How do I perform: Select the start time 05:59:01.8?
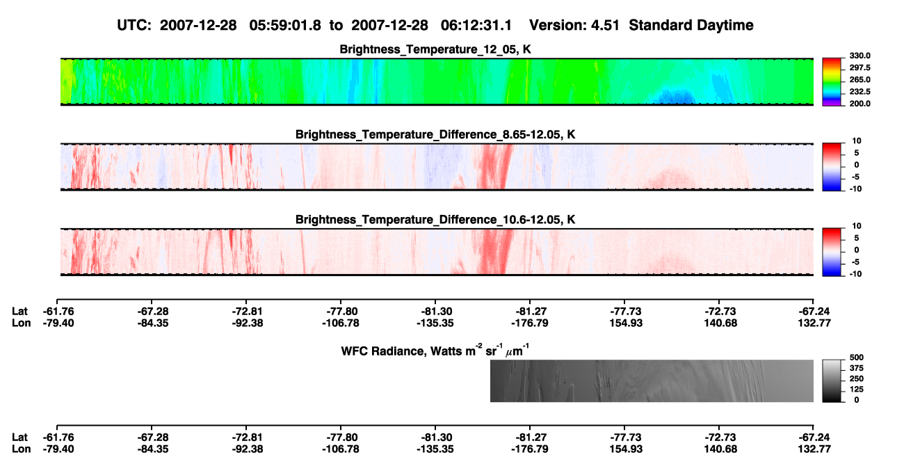[x=285, y=26]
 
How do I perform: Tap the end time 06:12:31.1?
[x=476, y=26]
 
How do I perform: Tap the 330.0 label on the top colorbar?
[x=859, y=56]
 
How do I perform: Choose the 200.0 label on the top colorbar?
[x=859, y=104]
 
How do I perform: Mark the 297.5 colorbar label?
[x=859, y=68]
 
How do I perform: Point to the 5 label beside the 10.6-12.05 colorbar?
[x=857, y=238]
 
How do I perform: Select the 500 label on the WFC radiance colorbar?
[x=857, y=358]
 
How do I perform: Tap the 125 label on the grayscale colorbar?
[x=857, y=390]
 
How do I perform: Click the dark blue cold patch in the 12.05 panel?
[x=675, y=97]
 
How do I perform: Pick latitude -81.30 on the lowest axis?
[x=437, y=438]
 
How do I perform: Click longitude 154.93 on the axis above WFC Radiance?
[x=626, y=323]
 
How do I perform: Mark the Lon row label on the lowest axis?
[x=21, y=449]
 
